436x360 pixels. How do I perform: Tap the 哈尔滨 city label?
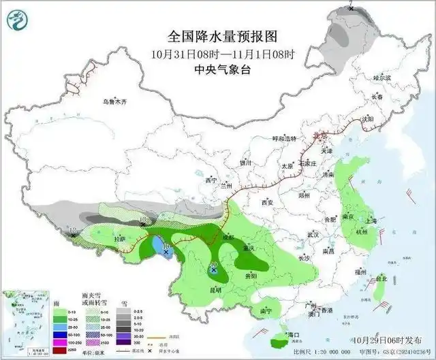pos(382,78)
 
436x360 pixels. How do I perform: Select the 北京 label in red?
pos(315,136)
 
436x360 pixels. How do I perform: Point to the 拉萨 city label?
pos(120,239)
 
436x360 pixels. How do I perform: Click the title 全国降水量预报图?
pos(224,35)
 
